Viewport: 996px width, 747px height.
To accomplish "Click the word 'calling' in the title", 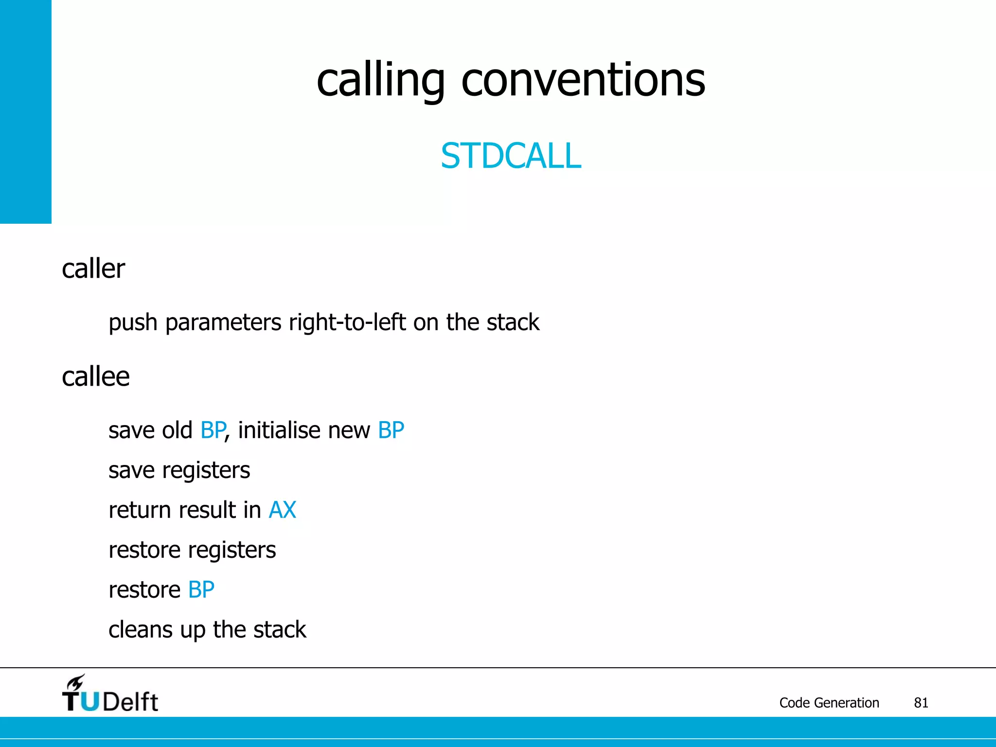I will tap(380, 80).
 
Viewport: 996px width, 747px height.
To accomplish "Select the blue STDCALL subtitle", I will tap(511, 156).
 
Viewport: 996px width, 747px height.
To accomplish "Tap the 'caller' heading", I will tap(93, 269).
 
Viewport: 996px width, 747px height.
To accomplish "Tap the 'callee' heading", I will tap(96, 377).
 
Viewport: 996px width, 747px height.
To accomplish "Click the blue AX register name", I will tap(283, 510).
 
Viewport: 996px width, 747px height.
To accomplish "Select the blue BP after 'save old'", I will tap(213, 430).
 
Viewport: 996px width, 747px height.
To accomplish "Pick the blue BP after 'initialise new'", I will tap(391, 430).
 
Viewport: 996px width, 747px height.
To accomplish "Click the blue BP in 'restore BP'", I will tap(201, 590).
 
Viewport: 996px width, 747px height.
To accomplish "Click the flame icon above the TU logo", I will tap(75, 683).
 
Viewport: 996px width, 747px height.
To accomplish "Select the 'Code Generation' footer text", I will tap(829, 703).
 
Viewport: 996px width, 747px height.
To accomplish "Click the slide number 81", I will tap(921, 703).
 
